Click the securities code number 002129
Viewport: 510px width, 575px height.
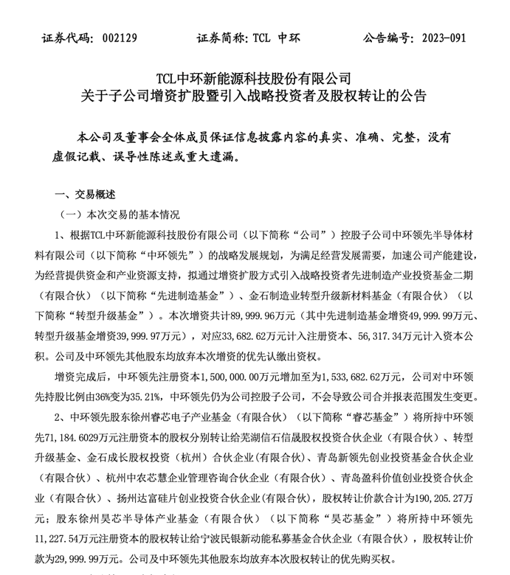pyautogui.click(x=111, y=38)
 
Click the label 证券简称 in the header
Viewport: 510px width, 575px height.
pyautogui.click(x=221, y=38)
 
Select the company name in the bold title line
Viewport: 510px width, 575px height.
pyautogui.click(x=254, y=77)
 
